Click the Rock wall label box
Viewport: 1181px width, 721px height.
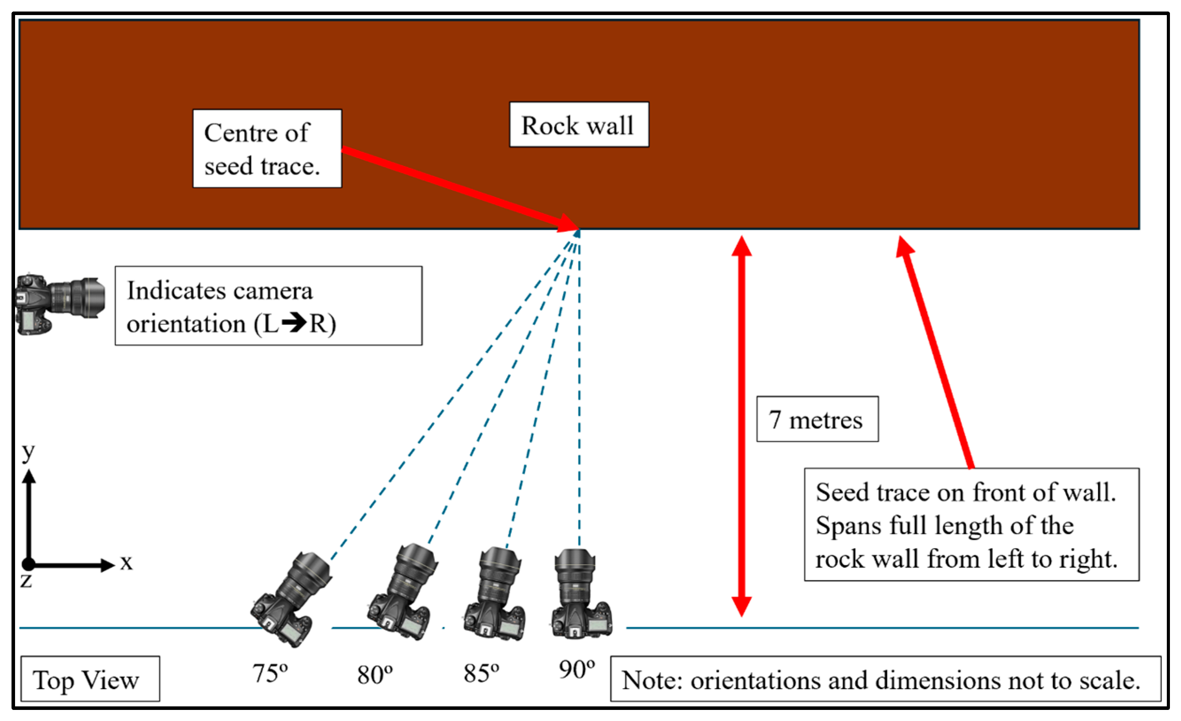(x=578, y=125)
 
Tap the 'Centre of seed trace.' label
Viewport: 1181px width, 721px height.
(x=267, y=149)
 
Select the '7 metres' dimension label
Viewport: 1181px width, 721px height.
(x=817, y=419)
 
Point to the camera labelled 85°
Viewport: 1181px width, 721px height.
(x=496, y=594)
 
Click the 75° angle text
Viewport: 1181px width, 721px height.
(x=270, y=674)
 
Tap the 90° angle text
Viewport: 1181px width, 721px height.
(x=577, y=669)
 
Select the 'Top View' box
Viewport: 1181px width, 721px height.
(x=90, y=679)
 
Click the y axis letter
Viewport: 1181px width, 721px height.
(x=28, y=452)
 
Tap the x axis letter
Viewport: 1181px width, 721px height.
(x=126, y=562)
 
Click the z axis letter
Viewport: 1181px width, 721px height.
(x=26, y=581)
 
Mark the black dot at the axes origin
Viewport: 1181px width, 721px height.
(x=28, y=564)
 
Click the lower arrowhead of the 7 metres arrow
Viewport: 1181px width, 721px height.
(x=741, y=606)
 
